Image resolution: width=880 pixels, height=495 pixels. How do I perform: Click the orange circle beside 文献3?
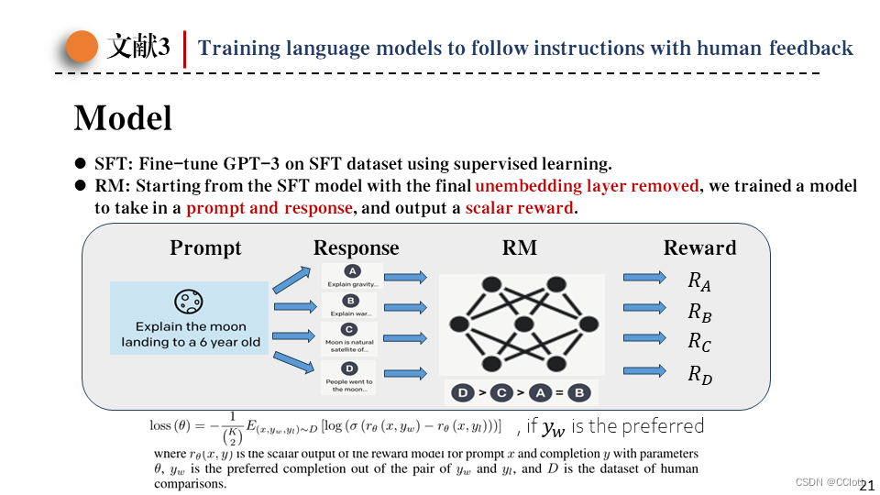click(x=82, y=47)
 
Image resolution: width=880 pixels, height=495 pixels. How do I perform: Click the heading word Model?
click(x=123, y=118)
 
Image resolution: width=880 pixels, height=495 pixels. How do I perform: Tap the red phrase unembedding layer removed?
click(x=587, y=186)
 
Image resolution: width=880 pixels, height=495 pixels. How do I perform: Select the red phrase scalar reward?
click(x=520, y=207)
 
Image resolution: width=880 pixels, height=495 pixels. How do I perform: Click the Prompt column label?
click(x=205, y=247)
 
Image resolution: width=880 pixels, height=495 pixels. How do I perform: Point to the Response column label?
click(x=356, y=247)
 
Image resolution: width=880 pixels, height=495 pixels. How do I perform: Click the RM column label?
click(x=520, y=247)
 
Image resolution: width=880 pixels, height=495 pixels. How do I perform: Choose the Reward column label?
click(x=699, y=247)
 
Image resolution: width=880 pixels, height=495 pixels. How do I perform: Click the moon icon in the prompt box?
click(x=189, y=302)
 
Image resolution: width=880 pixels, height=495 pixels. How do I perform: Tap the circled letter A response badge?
click(x=351, y=271)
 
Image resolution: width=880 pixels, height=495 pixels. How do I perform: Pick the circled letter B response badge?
click(x=350, y=301)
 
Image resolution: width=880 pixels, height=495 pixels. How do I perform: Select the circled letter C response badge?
click(x=348, y=329)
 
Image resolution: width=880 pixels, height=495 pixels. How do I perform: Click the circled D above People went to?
click(x=348, y=368)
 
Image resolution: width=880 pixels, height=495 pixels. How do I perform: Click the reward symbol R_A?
click(x=699, y=280)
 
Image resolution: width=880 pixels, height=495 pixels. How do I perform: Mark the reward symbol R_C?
click(x=699, y=343)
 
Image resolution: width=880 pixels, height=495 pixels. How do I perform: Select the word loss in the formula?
click(x=160, y=425)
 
